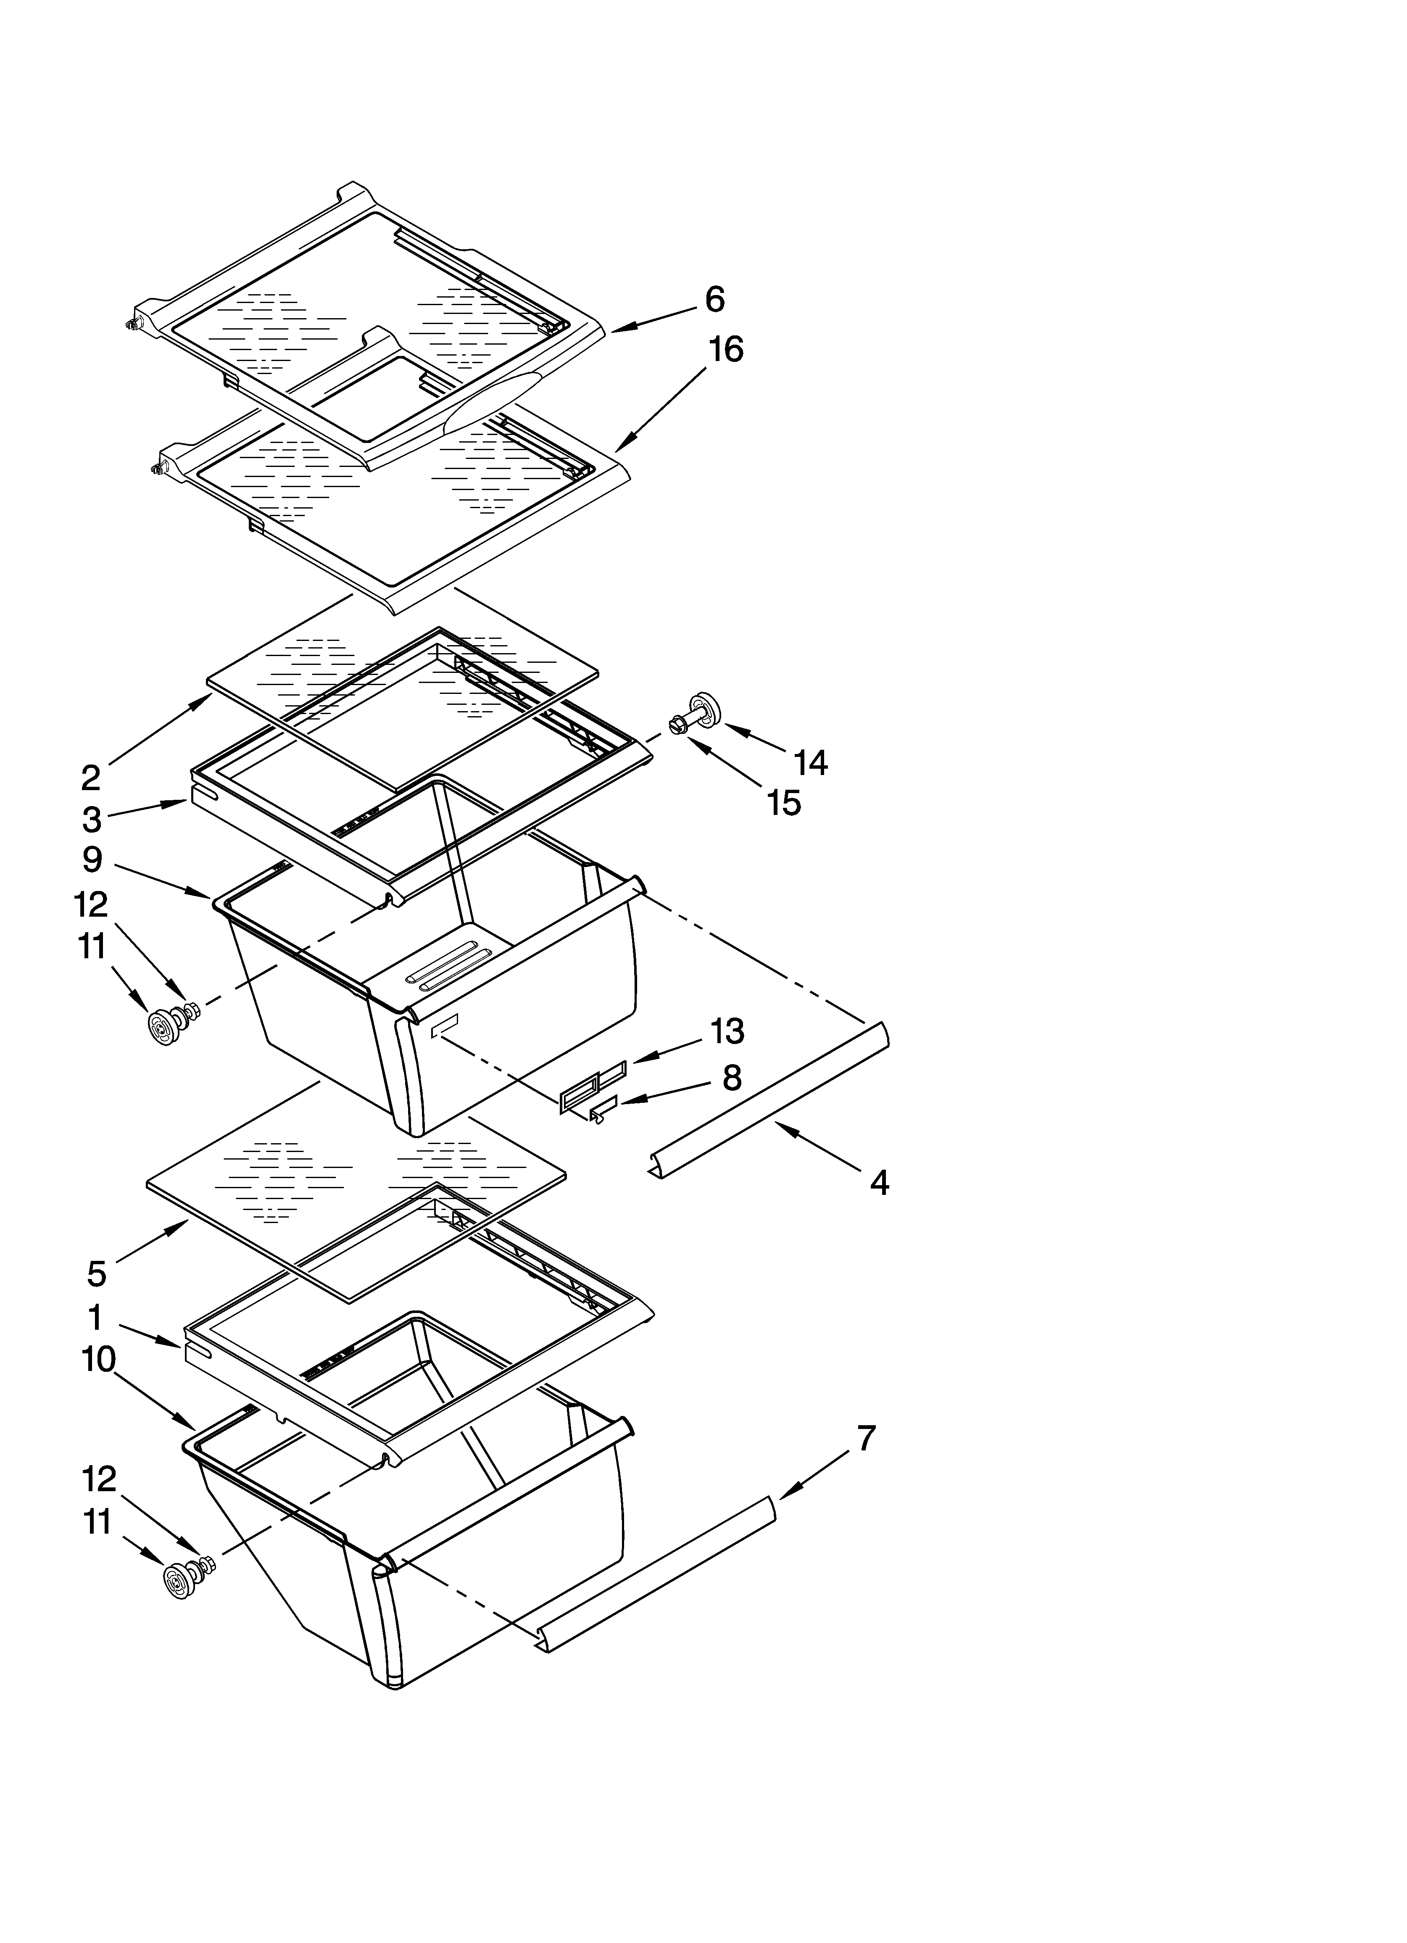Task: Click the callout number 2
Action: (x=91, y=778)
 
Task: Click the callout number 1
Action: (x=95, y=1318)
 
